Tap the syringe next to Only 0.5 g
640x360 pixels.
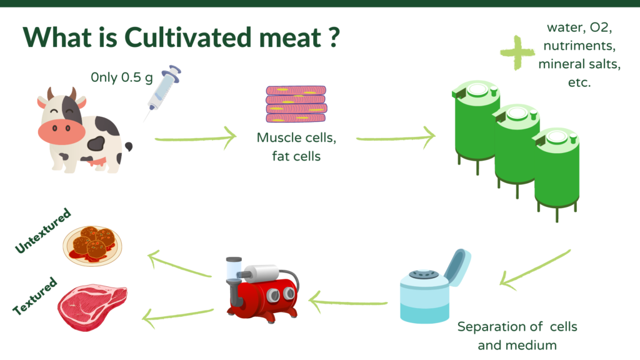[163, 91]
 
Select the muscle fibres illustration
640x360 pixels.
[296, 104]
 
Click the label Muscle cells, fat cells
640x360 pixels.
[296, 147]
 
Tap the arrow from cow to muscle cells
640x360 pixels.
[196, 138]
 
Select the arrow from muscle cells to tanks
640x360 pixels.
[396, 138]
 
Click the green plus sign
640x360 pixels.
[517, 52]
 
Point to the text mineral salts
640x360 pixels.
[579, 64]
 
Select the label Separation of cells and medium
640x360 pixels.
[517, 336]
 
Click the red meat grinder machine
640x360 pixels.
[262, 289]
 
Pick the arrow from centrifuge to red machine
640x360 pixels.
[347, 302]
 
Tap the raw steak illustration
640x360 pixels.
[92, 307]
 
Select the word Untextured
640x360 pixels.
[43, 231]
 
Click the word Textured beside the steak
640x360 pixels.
[35, 296]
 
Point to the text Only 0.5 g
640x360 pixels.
[122, 77]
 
